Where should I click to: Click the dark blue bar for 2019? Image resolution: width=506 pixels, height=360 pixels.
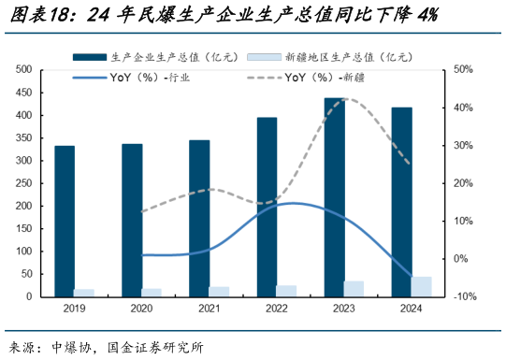tap(65, 221)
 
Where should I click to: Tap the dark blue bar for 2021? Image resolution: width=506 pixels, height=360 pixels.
tap(199, 218)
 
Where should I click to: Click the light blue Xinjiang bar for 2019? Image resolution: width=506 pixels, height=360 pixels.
tap(85, 293)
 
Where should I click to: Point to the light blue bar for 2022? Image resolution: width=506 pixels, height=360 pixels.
tap(286, 291)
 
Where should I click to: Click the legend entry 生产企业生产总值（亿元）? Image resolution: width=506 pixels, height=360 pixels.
tap(159, 56)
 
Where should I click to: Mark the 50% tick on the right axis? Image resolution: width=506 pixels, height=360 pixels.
tap(462, 70)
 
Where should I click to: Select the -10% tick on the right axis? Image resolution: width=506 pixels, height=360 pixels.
tap(464, 296)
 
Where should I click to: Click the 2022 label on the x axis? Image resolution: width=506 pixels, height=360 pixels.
tap(277, 310)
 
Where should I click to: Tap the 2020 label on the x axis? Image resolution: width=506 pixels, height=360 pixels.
tap(142, 310)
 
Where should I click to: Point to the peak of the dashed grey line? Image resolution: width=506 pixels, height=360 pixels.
tap(344, 99)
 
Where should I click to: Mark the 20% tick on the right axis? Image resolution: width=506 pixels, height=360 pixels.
tap(462, 183)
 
